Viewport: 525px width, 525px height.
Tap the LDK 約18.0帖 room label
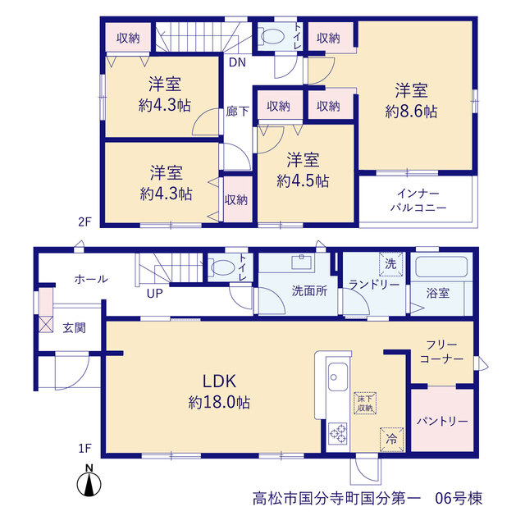pyautogui.click(x=219, y=391)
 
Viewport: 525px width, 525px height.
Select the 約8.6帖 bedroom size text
pyautogui.click(x=411, y=112)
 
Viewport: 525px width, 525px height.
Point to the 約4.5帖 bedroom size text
pyautogui.click(x=303, y=180)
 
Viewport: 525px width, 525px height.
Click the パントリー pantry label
pyautogui.click(x=442, y=421)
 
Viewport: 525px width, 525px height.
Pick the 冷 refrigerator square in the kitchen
pyautogui.click(x=392, y=440)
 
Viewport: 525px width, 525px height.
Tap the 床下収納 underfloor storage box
pyautogui.click(x=365, y=404)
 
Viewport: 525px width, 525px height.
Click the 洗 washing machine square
pyautogui.click(x=390, y=264)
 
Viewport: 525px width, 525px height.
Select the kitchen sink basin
pyautogui.click(x=338, y=377)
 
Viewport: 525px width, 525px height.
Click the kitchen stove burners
pyautogui.click(x=337, y=433)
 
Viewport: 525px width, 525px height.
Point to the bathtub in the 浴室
pyautogui.click(x=441, y=267)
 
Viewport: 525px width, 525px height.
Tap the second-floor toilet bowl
pyautogui.click(x=272, y=36)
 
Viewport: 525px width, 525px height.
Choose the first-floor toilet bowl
pyautogui.click(x=222, y=267)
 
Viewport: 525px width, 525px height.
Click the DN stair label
pyautogui.click(x=237, y=62)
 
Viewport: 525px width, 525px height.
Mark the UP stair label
pyautogui.click(x=155, y=294)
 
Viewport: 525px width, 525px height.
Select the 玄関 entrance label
pyautogui.click(x=74, y=328)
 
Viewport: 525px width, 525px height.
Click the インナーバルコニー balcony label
pyautogui.click(x=418, y=200)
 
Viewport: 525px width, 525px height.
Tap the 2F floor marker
pyautogui.click(x=84, y=221)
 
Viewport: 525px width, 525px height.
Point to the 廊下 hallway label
pyautogui.click(x=237, y=112)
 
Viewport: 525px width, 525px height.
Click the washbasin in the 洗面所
pyautogui.click(x=301, y=262)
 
